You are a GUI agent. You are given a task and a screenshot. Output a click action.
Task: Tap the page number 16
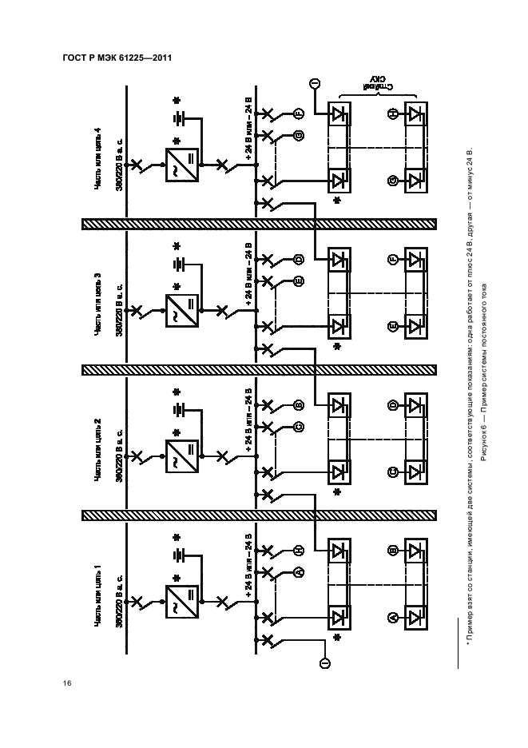67,683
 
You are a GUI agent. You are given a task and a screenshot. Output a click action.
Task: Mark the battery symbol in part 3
177,265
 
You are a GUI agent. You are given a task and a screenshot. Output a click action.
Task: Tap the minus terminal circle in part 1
326,662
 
